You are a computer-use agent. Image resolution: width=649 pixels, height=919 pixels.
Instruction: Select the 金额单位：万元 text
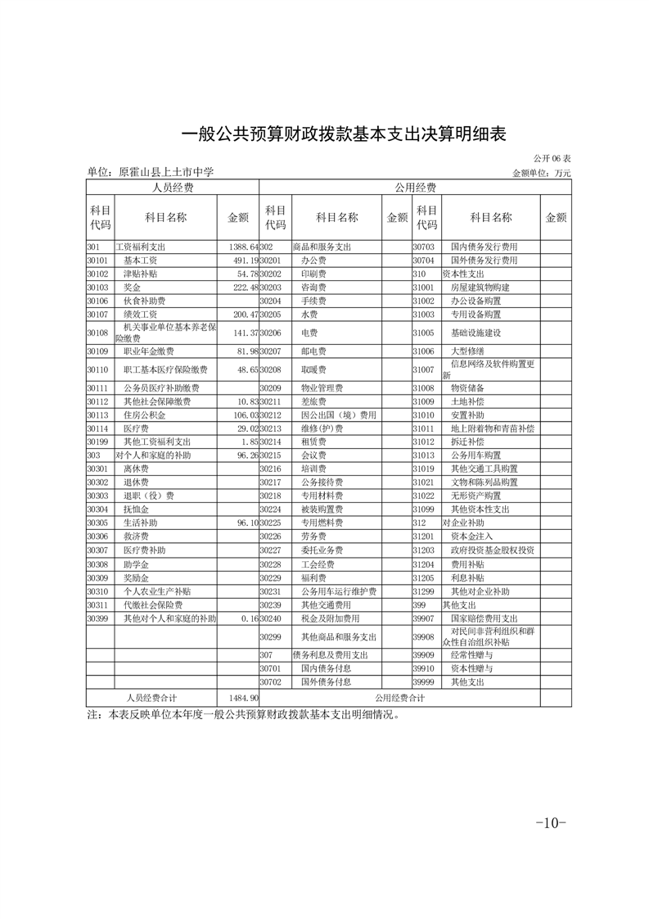541,173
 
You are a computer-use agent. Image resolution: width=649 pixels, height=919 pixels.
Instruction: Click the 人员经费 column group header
173,188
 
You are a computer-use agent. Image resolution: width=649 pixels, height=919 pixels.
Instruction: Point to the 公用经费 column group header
415,188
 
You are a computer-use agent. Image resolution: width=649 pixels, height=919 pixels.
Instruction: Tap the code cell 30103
98,287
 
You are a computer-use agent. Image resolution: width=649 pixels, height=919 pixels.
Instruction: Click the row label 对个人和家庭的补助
151,455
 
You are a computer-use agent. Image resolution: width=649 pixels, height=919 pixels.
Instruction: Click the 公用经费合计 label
399,698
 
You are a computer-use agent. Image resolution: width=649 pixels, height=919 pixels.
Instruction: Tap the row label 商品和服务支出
322,247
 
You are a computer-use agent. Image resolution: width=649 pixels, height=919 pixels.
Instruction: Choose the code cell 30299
271,636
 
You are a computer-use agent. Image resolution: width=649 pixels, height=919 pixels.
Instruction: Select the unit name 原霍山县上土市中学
166,173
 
